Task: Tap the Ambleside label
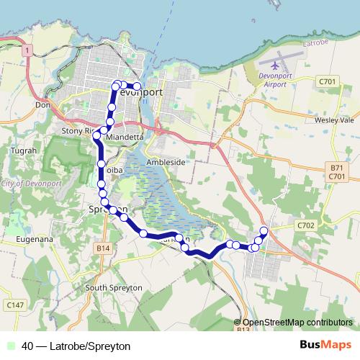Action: [166, 163]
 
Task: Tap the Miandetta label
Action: [125, 136]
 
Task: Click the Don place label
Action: [40, 104]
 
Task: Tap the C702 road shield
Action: [306, 225]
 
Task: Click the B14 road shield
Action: [104, 248]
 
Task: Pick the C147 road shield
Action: [14, 305]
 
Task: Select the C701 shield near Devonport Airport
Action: [327, 83]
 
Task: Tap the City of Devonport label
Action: [28, 185]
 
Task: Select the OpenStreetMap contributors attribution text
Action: [297, 323]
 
